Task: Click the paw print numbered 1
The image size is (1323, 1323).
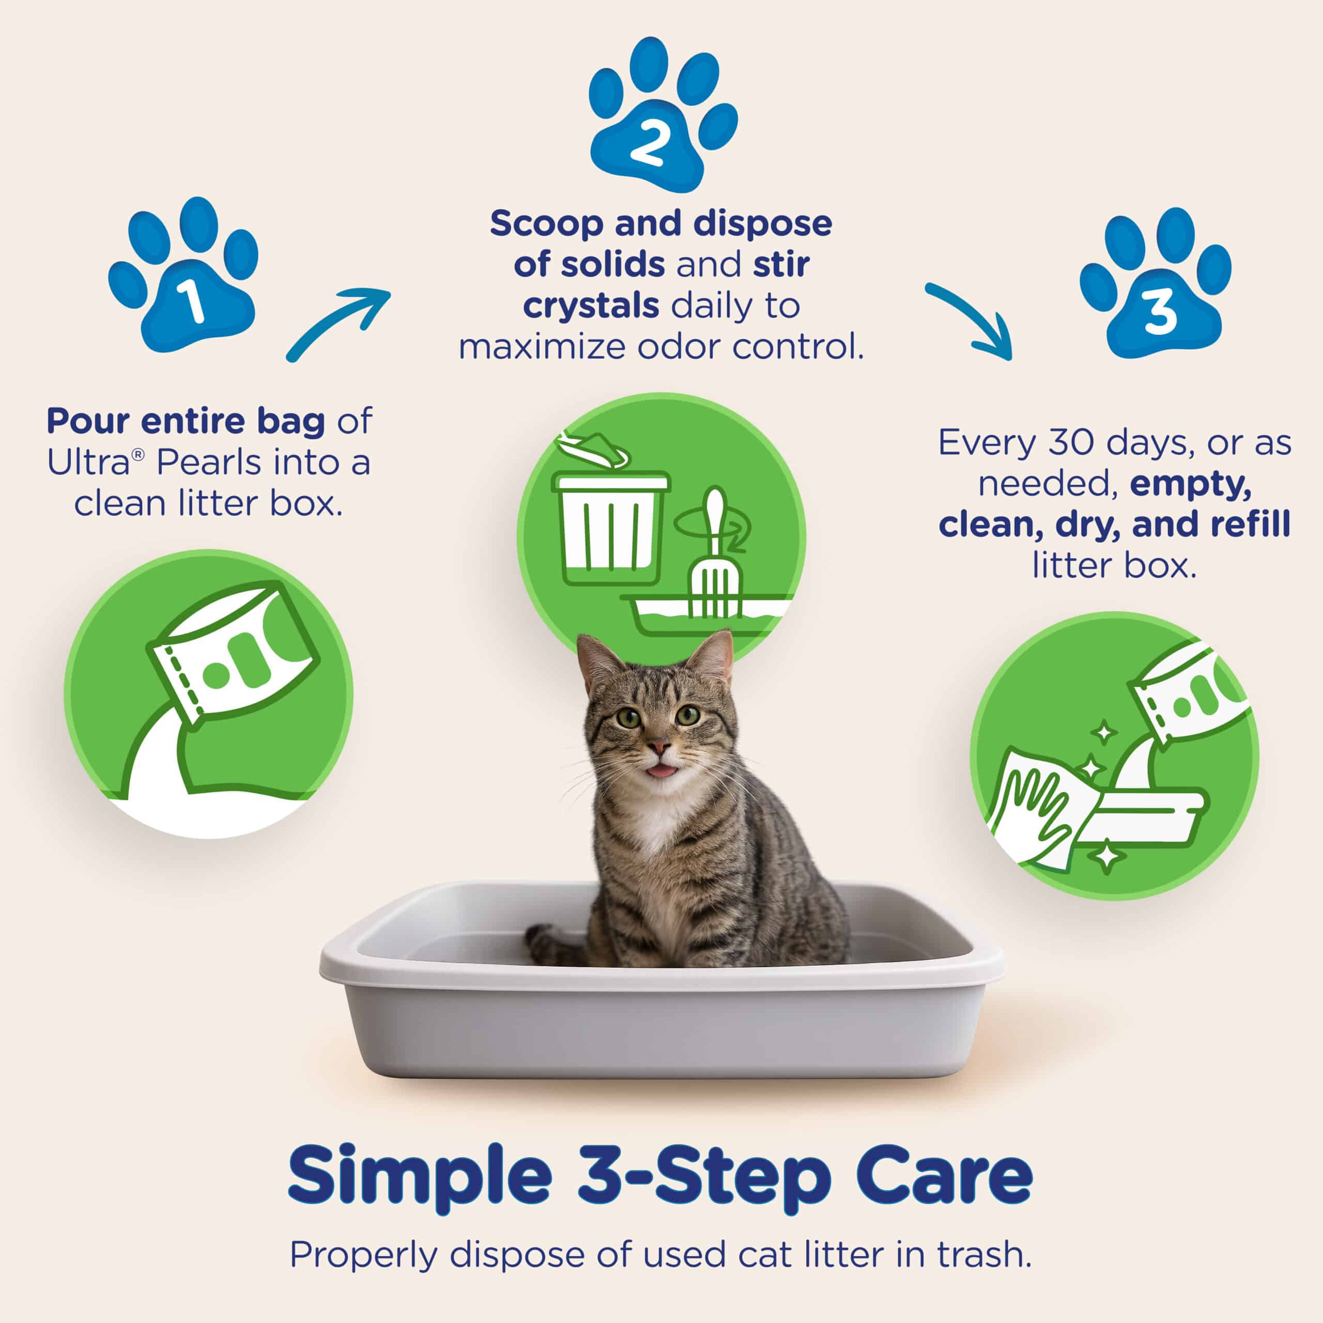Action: [x=183, y=278]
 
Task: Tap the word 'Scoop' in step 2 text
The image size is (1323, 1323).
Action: [x=546, y=224]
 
